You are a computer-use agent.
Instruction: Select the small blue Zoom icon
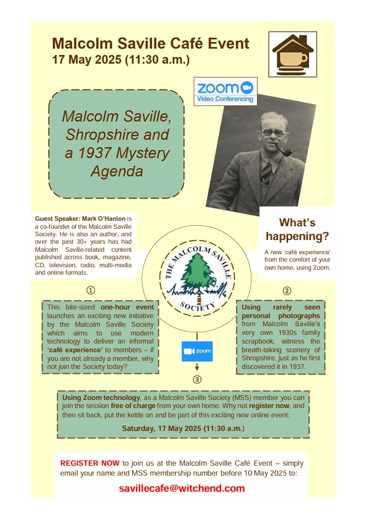pos(197,352)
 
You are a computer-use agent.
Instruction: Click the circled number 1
pos(91,290)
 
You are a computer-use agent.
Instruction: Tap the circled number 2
pos(287,290)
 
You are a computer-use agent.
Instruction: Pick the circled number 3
pos(197,379)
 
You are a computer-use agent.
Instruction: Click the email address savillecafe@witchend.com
pos(182,488)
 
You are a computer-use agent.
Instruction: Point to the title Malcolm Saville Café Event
pos(151,43)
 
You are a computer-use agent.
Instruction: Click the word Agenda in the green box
pos(117,170)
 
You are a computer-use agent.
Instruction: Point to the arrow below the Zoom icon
pos(197,368)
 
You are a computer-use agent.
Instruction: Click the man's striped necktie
pos(266,171)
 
